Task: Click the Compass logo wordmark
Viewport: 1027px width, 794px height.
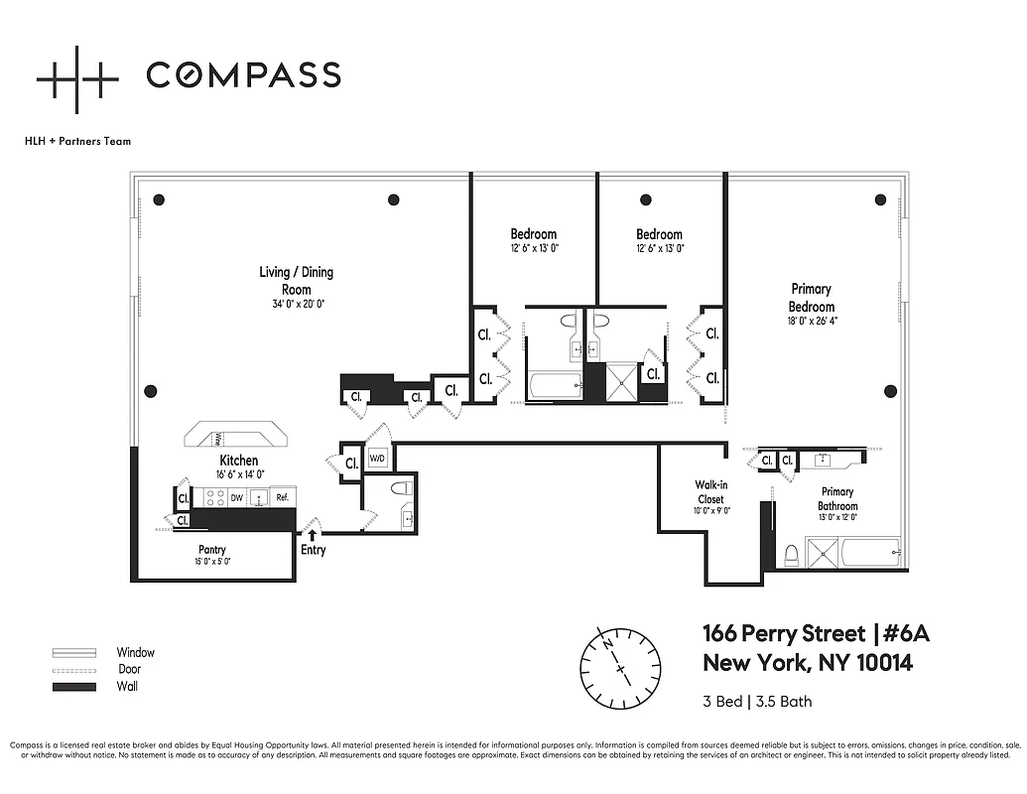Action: [243, 74]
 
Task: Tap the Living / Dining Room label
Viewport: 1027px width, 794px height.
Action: [296, 281]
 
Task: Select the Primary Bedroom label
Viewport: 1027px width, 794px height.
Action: [811, 298]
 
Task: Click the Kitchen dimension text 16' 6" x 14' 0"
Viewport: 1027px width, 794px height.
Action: [238, 474]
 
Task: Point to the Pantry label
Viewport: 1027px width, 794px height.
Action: [211, 549]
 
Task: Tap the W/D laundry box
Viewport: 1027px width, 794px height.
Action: [377, 459]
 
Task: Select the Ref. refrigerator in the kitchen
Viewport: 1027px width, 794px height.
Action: [282, 498]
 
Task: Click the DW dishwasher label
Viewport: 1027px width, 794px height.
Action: [237, 498]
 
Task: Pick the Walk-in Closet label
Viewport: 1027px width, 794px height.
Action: [709, 492]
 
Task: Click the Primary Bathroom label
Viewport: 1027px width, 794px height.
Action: [836, 498]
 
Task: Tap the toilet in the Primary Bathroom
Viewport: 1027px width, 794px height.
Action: [791, 554]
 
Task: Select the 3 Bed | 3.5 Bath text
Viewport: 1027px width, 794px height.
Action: [757, 702]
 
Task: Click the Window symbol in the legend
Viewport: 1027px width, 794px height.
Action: [74, 653]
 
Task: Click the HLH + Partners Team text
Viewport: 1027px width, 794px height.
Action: [77, 141]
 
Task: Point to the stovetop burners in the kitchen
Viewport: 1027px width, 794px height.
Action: [214, 498]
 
